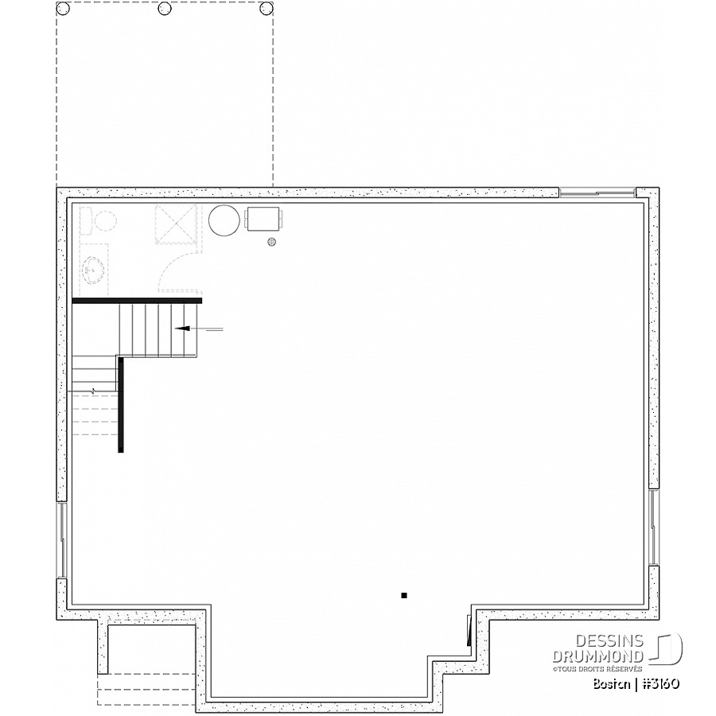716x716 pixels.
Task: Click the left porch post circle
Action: (x=63, y=8)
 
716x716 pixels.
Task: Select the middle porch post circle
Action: (x=165, y=8)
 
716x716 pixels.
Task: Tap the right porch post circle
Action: (x=267, y=8)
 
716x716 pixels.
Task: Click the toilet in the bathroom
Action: (x=99, y=221)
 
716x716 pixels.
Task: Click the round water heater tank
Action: (x=224, y=220)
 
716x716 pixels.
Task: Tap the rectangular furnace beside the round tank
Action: (x=263, y=218)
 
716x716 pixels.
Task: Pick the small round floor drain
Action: (x=272, y=242)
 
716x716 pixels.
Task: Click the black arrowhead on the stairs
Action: (x=182, y=329)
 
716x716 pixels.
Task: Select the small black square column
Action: (x=403, y=595)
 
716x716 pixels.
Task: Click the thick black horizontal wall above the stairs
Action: (x=137, y=301)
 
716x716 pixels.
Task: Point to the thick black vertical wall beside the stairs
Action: (x=121, y=405)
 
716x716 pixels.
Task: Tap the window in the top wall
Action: (x=597, y=193)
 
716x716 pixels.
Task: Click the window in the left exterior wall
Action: (x=62, y=541)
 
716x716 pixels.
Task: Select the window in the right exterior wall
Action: (x=654, y=527)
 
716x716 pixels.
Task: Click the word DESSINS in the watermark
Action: (x=609, y=640)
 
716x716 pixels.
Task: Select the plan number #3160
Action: (x=661, y=683)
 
